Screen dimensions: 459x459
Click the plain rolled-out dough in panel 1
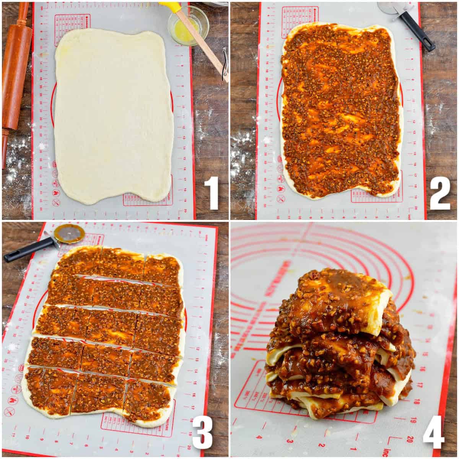click(x=113, y=115)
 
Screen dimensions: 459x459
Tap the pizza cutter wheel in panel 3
click(x=69, y=233)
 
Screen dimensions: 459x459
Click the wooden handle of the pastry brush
click(x=205, y=46)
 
